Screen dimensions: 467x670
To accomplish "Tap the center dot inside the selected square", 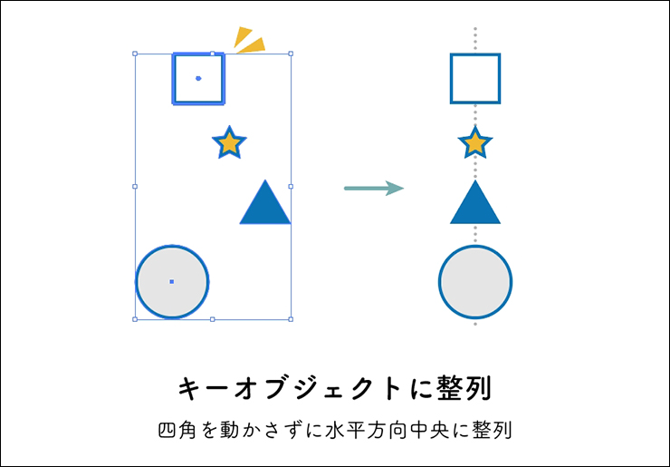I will [198, 78].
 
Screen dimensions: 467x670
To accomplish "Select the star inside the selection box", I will [229, 142].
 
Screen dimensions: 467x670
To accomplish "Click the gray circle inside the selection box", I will [172, 282].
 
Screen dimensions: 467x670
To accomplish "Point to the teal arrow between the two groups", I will [373, 188].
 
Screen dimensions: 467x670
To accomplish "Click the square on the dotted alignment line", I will [475, 79].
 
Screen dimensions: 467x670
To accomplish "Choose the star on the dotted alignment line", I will [475, 142].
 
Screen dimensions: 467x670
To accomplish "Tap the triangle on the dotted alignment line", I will [475, 205].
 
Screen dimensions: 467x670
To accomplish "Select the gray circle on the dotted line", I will [475, 282].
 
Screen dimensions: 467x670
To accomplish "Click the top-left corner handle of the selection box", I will [135, 54].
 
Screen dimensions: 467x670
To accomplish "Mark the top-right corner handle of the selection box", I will [291, 54].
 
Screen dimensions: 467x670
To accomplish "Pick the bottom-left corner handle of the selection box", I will [135, 319].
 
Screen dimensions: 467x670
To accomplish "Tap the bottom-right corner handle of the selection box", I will [291, 319].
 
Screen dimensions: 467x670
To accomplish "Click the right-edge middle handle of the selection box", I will [291, 187].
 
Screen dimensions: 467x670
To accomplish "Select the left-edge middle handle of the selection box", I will [135, 187].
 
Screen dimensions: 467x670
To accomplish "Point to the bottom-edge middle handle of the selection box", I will [213, 319].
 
